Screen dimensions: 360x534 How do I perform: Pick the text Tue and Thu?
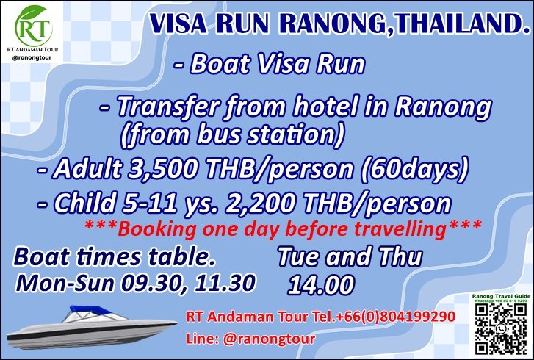[349, 257]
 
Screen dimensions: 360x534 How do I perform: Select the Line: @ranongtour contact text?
[250, 339]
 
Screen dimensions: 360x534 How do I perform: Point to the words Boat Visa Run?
[277, 64]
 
